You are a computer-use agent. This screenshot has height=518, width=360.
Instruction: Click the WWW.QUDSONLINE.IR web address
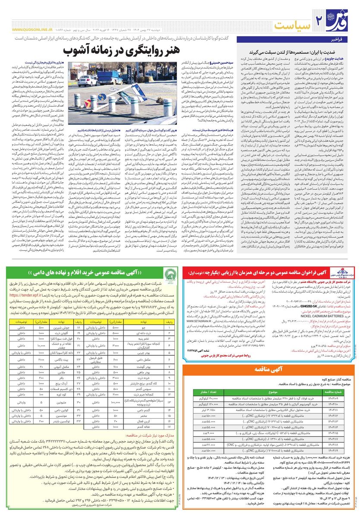(x=30, y=30)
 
